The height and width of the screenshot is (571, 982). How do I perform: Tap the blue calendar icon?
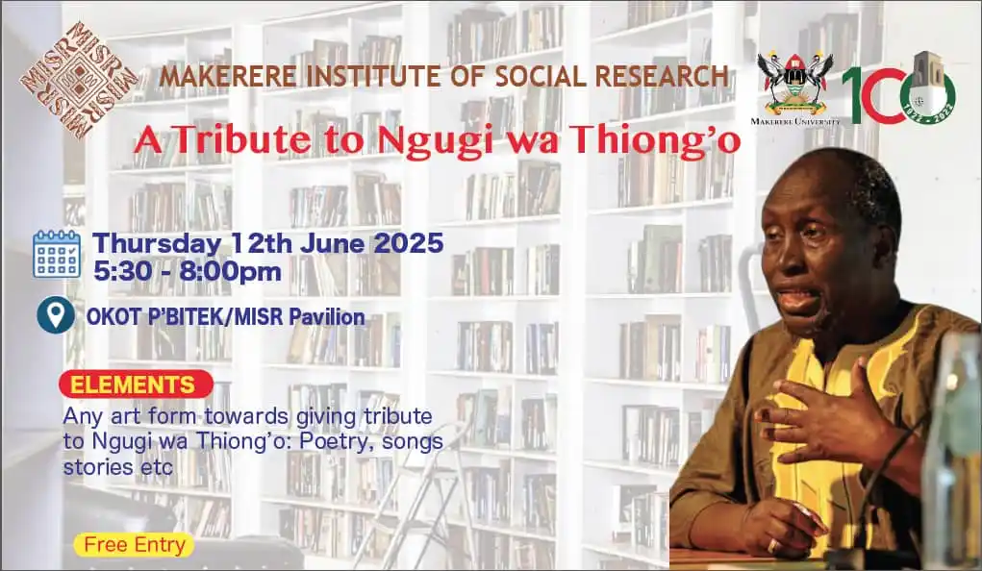[57, 254]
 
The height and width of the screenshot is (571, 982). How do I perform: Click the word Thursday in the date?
[157, 241]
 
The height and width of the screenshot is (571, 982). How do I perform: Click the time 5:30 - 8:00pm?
[188, 271]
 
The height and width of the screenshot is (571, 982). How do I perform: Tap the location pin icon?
[56, 315]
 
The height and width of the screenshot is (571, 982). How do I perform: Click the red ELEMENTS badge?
[135, 385]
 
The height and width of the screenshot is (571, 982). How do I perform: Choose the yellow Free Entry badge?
[134, 545]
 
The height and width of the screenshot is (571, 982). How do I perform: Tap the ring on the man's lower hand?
[771, 545]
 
